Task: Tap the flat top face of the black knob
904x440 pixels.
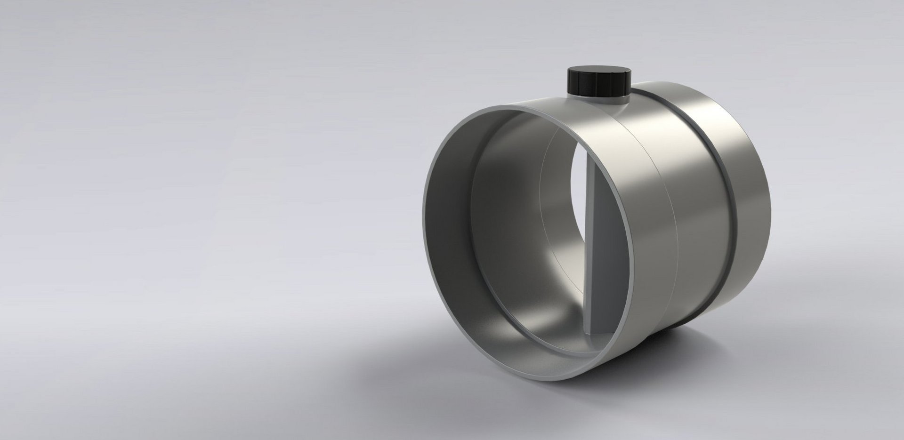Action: pos(597,73)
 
